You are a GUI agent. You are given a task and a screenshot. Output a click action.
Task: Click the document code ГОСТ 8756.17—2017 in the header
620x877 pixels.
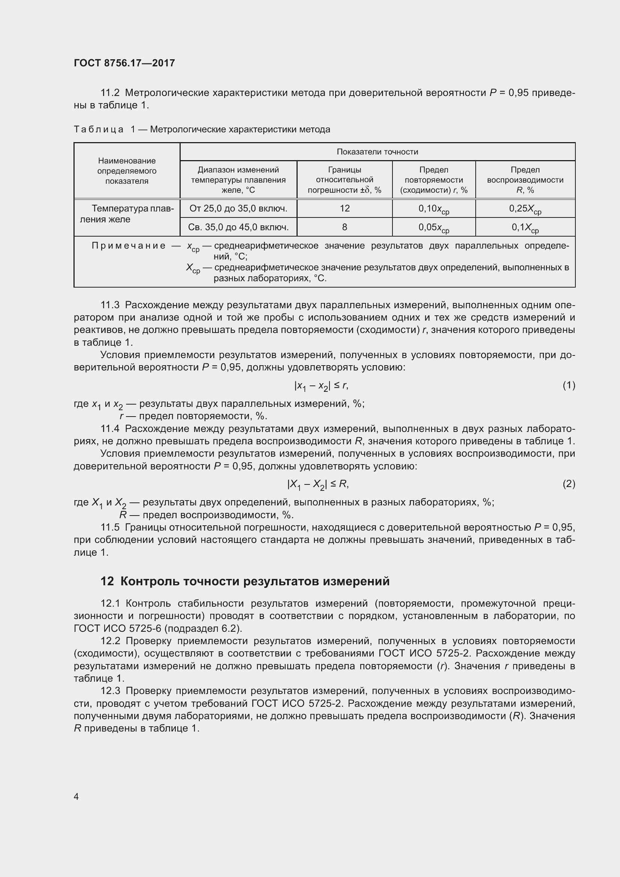124,63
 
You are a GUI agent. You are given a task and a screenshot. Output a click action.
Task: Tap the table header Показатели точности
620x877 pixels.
377,151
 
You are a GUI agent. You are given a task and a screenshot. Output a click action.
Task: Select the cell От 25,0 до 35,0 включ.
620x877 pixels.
238,208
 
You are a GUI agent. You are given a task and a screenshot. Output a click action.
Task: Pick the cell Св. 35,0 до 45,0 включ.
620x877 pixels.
238,227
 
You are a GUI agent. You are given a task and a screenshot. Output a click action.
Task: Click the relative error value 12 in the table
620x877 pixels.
344,208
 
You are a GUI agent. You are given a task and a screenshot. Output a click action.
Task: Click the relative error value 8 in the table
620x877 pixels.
344,227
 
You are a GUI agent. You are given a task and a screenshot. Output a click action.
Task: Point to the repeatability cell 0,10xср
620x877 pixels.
434,209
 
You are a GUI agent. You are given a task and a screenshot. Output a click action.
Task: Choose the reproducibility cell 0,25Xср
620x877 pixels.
525,209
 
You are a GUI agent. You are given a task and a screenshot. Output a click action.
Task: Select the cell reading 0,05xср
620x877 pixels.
434,228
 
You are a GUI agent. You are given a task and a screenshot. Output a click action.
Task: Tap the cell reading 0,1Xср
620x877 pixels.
525,228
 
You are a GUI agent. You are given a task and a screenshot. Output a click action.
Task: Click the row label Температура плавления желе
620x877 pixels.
127,214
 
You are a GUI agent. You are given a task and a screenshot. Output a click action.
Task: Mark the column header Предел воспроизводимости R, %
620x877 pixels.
525,180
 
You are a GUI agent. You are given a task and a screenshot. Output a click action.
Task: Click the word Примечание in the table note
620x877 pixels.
128,246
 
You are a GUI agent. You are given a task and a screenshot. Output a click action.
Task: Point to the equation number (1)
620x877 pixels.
569,385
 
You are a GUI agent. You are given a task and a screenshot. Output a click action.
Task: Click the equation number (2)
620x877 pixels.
569,484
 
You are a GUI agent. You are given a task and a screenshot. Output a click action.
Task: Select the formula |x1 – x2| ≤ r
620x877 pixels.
321,386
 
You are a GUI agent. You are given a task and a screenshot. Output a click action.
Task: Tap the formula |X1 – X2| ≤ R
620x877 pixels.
317,485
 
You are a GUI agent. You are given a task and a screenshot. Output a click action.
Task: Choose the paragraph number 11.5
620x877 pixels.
110,528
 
